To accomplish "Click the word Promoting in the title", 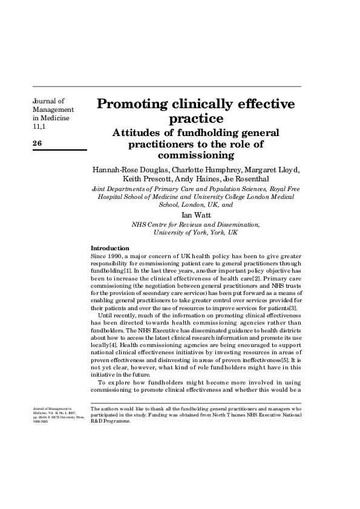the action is point(133,103).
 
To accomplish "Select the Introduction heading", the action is point(110,248).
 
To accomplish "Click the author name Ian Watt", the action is point(195,215).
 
